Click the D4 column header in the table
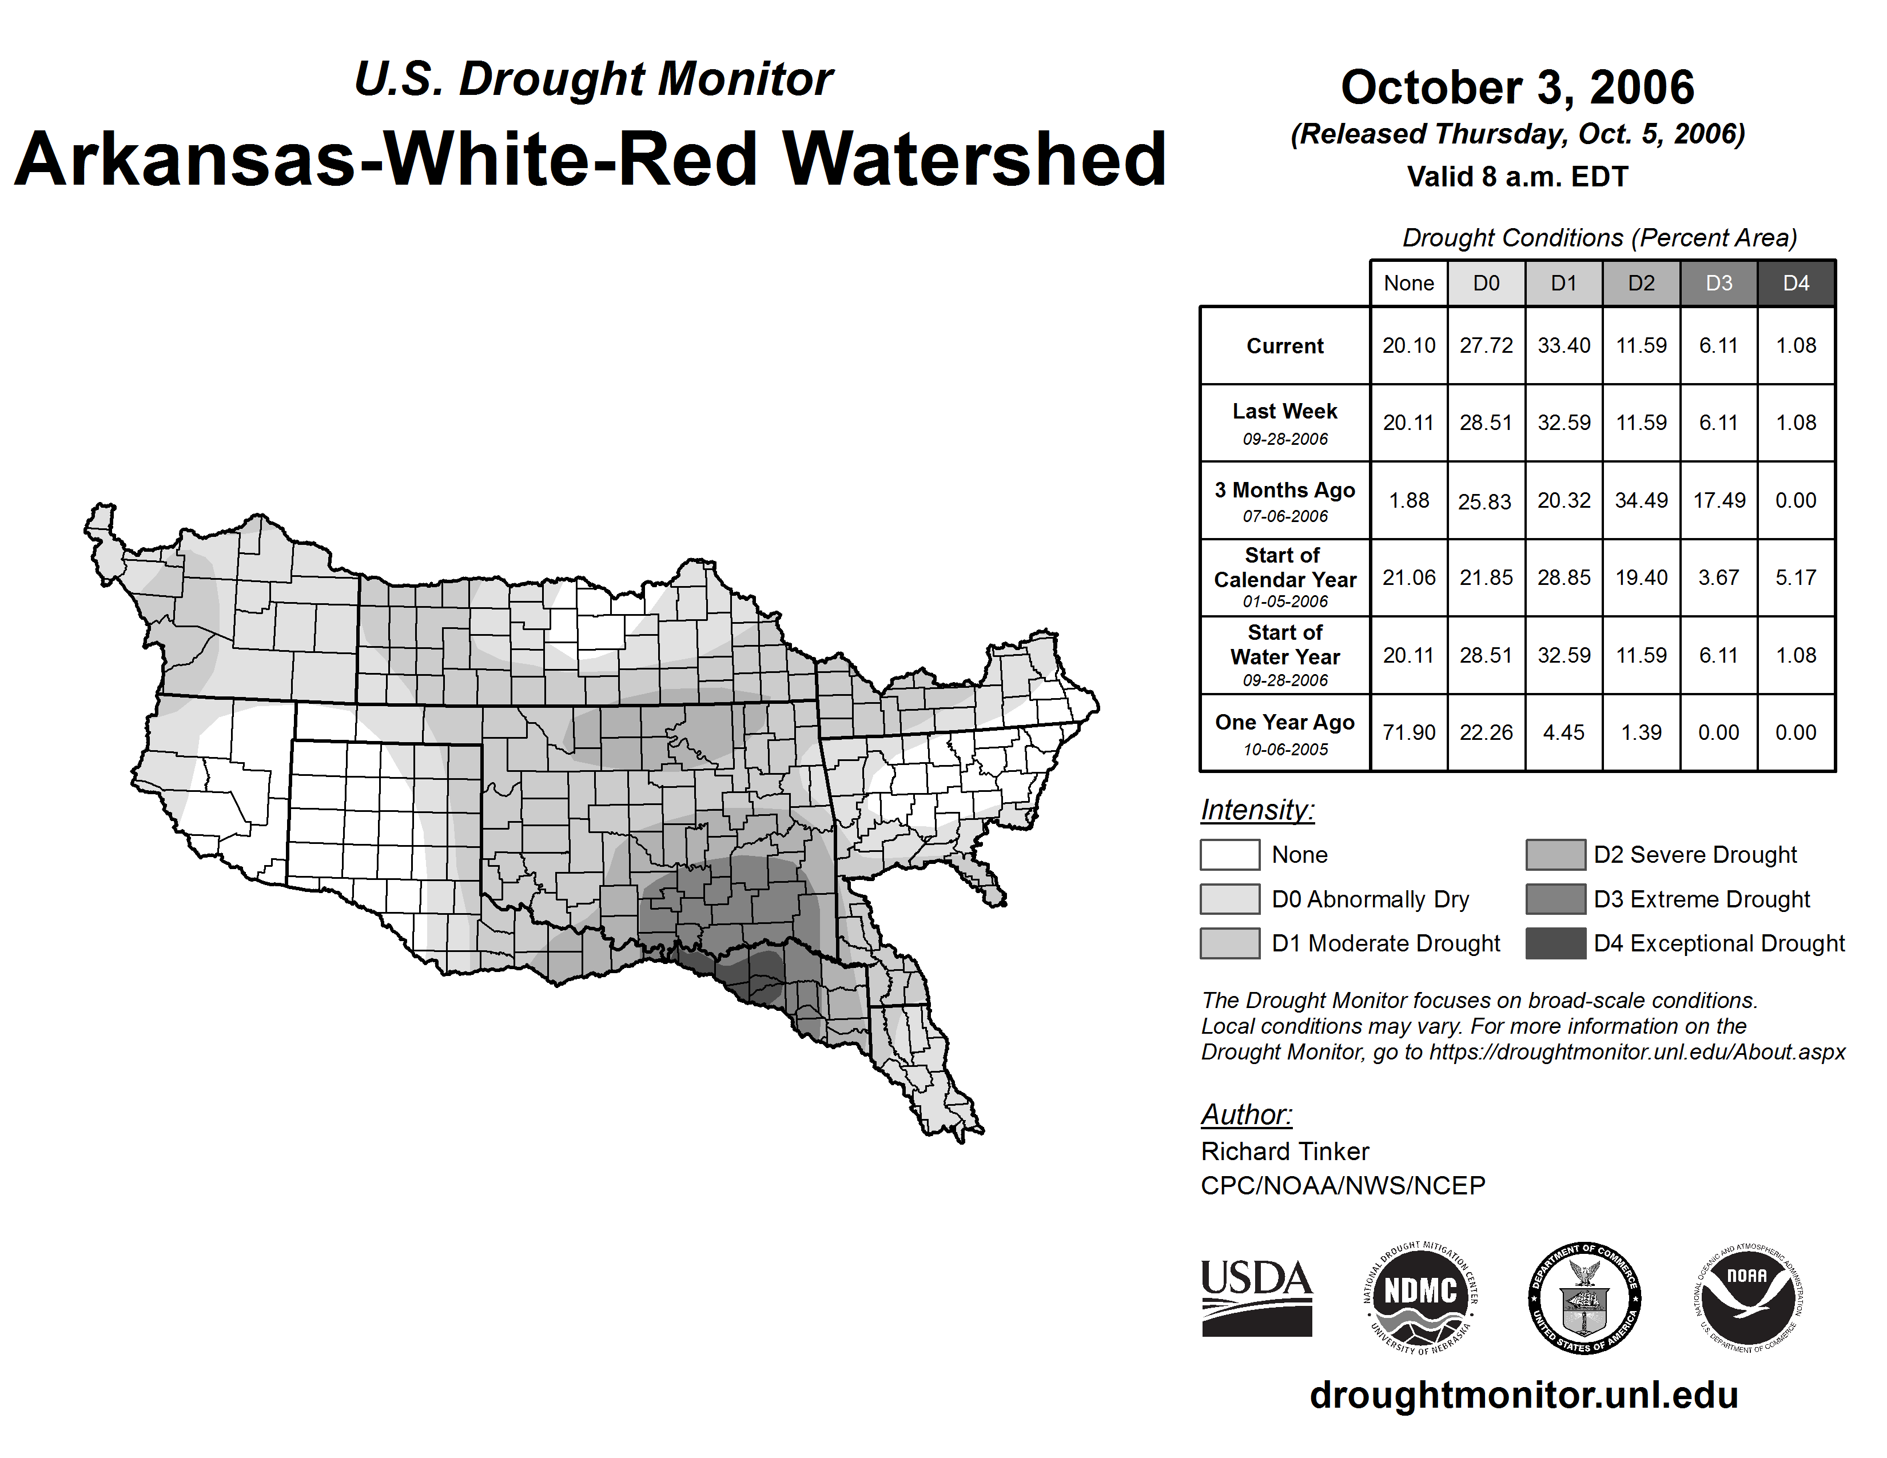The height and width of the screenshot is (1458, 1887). coord(1796,283)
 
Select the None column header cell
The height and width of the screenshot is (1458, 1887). coord(1408,283)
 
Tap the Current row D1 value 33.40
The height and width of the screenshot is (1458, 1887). coord(1564,345)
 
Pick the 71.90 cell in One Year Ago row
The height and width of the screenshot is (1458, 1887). coord(1408,732)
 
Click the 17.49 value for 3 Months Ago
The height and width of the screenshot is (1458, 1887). coord(1718,500)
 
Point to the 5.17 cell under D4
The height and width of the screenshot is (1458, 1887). coord(1796,577)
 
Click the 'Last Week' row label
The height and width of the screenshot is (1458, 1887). coord(1285,411)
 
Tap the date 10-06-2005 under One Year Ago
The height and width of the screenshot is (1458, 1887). coord(1285,750)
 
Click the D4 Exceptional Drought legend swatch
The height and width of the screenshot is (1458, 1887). coord(1555,943)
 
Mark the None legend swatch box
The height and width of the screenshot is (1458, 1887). coord(1229,854)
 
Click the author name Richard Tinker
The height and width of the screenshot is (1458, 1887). coord(1285,1152)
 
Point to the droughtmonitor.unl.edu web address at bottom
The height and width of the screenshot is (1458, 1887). coord(1523,1395)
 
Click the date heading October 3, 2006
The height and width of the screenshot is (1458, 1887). coord(1517,87)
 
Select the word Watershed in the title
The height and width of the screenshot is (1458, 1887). coord(974,160)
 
